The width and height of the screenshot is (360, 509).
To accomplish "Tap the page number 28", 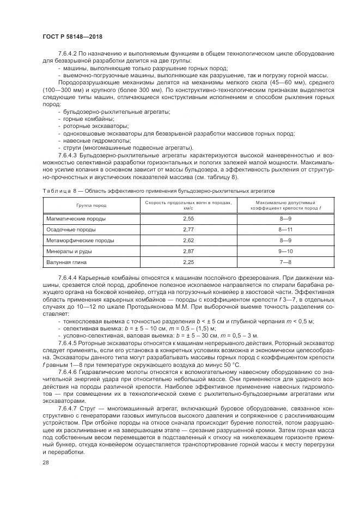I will pos(45,463).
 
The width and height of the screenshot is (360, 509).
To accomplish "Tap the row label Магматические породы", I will pos(75,218).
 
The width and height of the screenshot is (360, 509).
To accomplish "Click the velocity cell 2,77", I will pos(190,229).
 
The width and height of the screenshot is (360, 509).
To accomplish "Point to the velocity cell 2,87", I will pos(190,252).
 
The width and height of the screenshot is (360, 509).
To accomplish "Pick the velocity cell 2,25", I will pos(190,262).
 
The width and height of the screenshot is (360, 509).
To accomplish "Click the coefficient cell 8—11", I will pos(285,229).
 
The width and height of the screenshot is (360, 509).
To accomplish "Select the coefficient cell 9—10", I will pos(285,252).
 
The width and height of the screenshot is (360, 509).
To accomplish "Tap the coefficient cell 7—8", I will pos(285,262).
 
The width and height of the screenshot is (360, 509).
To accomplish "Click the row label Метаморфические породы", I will pos(80,240).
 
